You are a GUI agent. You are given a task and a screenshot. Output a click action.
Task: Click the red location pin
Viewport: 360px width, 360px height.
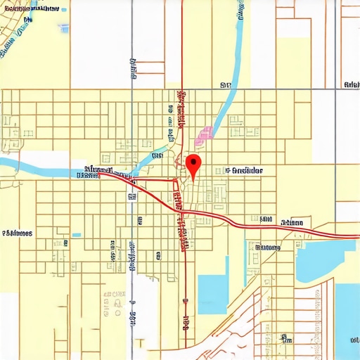[x=194, y=163]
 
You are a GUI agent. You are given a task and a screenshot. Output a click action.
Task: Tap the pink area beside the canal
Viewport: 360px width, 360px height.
[x=204, y=134]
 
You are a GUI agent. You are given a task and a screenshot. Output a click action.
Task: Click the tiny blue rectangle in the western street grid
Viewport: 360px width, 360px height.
[x=76, y=236]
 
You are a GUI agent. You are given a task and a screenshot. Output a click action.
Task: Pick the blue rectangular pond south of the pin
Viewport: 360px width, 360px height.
[x=213, y=294]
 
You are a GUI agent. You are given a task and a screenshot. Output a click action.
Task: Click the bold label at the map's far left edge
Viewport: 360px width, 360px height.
[x=17, y=233]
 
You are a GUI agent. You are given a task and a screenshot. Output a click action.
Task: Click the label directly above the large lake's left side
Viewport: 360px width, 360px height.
[x=268, y=247]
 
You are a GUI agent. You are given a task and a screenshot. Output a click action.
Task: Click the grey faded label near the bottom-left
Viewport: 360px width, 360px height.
[x=114, y=295]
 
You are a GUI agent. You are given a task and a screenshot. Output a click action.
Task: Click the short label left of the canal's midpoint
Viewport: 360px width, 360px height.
[x=157, y=155]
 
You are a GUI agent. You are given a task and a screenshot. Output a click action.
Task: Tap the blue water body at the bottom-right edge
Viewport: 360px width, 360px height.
[x=349, y=316]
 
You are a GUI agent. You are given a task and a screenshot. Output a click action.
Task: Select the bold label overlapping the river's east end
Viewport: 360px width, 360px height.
[x=98, y=171]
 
